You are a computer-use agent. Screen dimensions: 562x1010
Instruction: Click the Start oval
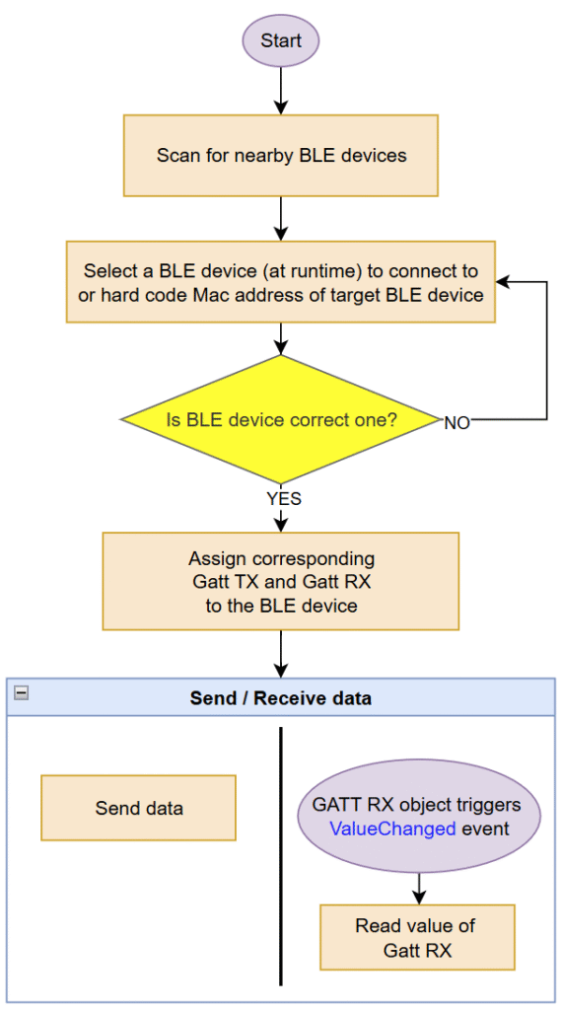[x=281, y=40]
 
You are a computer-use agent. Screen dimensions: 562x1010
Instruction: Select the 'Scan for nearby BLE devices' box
[x=281, y=155]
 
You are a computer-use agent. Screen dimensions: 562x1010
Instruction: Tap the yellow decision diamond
[x=281, y=419]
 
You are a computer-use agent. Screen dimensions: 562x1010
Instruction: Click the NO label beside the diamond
[x=457, y=423]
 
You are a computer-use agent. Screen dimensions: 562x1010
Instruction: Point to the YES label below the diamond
[x=284, y=498]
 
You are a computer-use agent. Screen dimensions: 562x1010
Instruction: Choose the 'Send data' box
[x=138, y=808]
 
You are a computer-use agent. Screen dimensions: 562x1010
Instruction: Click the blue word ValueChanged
[x=392, y=829]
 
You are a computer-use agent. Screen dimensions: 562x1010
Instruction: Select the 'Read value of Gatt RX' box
[x=417, y=937]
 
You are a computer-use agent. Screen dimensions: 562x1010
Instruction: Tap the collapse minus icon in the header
[x=22, y=692]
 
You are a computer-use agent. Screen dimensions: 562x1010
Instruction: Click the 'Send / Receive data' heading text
[x=281, y=698]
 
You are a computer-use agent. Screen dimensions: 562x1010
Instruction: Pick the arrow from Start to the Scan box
[x=281, y=90]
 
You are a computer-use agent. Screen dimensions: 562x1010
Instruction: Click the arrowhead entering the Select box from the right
[x=502, y=282]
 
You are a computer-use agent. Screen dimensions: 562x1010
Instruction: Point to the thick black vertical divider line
[x=281, y=856]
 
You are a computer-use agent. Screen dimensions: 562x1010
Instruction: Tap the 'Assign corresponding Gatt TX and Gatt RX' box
[x=281, y=581]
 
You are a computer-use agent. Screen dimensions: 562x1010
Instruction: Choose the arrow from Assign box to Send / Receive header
[x=281, y=654]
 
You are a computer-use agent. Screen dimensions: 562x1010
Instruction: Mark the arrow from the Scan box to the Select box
[x=281, y=219]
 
